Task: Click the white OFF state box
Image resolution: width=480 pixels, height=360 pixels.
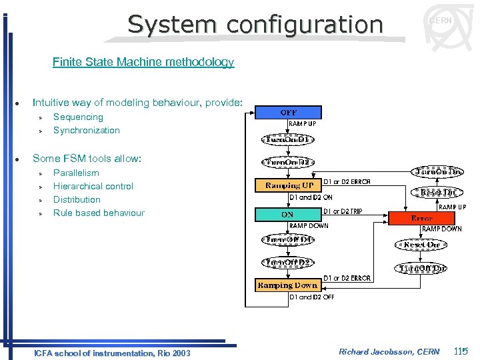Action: pyautogui.click(x=288, y=113)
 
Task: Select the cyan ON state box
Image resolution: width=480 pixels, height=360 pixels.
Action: pyautogui.click(x=288, y=215)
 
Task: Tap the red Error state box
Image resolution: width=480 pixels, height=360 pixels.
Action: pyautogui.click(x=422, y=218)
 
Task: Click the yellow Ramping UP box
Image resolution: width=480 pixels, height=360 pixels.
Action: pyautogui.click(x=289, y=185)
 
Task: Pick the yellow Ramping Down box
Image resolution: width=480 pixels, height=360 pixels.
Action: pyautogui.click(x=288, y=285)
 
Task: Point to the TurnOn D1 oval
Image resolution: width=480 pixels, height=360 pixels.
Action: pyautogui.click(x=287, y=140)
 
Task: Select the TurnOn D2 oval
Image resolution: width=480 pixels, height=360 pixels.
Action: pyautogui.click(x=289, y=162)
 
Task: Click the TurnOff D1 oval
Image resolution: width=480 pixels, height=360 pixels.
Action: pyautogui.click(x=288, y=239)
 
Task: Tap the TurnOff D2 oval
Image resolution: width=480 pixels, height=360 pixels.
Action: pyautogui.click(x=288, y=263)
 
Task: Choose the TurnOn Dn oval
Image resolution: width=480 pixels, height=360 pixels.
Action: pyautogui.click(x=438, y=171)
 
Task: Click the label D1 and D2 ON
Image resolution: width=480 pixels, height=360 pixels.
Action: pyautogui.click(x=311, y=197)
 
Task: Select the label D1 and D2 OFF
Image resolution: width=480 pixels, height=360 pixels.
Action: pyautogui.click(x=311, y=297)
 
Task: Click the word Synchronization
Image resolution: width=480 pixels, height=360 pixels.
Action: pyautogui.click(x=87, y=131)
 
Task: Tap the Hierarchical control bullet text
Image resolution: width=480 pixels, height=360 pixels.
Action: pyautogui.click(x=93, y=187)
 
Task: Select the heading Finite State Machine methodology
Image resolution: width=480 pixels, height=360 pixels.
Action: pyautogui.click(x=143, y=63)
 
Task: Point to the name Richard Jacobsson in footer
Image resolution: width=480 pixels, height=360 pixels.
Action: pyautogui.click(x=379, y=351)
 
